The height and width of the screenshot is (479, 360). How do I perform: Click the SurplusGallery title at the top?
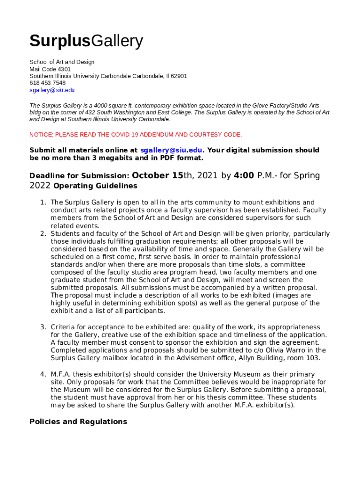[86, 42]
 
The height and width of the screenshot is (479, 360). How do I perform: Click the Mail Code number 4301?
[64, 69]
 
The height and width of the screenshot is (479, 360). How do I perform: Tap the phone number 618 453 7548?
[47, 83]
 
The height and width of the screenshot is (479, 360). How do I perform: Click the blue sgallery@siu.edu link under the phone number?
[52, 90]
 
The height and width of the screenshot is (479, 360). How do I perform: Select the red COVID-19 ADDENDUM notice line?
[136, 135]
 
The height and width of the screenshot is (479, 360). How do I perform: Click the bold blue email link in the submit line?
[172, 150]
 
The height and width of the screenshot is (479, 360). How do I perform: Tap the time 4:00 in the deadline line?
[244, 176]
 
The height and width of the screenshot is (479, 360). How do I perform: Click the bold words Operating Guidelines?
[95, 186]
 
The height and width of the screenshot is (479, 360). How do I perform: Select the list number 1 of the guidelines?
[43, 203]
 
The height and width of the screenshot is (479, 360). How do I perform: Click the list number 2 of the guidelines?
[43, 234]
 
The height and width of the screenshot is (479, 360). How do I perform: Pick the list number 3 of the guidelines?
[43, 327]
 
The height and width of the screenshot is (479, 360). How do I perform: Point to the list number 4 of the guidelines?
[43, 375]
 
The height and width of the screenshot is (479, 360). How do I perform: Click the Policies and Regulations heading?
[78, 422]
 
